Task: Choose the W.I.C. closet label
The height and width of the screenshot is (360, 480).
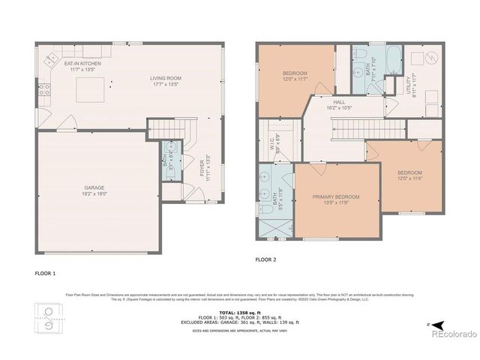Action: (274, 139)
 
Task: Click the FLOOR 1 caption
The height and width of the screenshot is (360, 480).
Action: (46, 273)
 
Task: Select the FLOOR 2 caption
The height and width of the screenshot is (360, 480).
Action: (266, 259)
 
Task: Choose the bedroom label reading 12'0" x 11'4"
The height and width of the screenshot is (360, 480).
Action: (409, 175)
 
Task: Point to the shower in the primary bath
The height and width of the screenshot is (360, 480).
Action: (272, 224)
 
